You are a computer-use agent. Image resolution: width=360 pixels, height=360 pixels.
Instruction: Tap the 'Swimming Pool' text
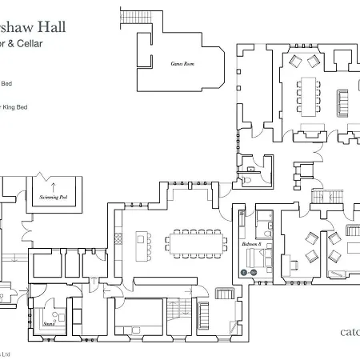click(55, 195)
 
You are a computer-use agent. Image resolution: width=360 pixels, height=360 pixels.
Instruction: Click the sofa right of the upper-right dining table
click(345, 102)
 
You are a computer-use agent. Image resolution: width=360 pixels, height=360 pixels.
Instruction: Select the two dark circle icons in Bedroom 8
click(249, 273)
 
